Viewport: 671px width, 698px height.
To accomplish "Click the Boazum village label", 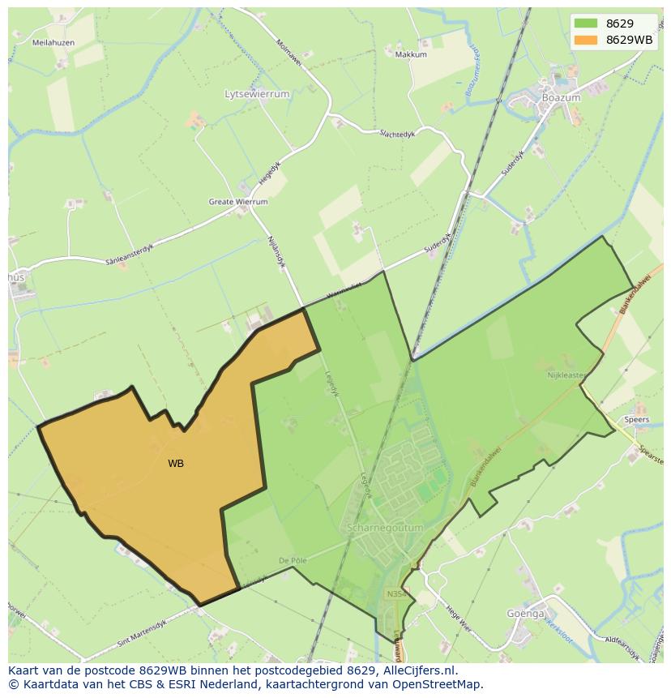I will pos(562,98).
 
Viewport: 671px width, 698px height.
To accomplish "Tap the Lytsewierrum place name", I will pos(257,94).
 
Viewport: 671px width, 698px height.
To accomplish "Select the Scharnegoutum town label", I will pos(385,528).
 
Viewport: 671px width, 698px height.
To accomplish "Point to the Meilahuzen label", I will pos(53,42).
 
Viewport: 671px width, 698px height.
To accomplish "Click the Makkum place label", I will pos(411,54).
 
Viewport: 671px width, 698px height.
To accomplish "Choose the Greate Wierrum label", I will pos(238,202).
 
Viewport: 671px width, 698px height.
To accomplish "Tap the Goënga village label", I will pos(526,614).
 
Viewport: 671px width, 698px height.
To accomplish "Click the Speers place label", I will pos(636,419).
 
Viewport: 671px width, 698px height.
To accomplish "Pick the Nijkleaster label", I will pos(566,375).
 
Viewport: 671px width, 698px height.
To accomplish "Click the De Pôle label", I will pos(293,560).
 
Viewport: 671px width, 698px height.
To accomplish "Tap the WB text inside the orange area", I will pos(176,464).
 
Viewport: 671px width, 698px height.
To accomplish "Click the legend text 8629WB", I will pos(629,40).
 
